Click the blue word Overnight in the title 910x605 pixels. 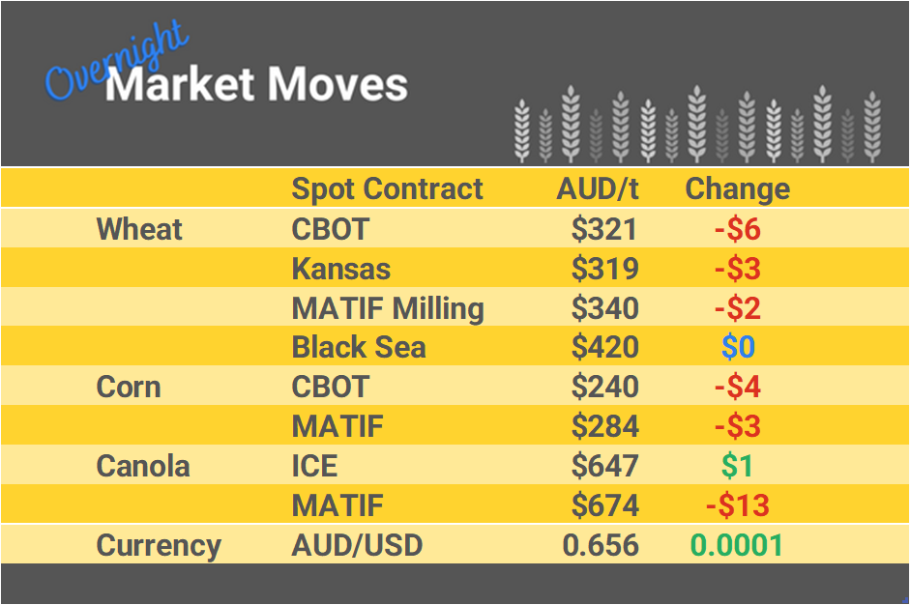tap(116, 63)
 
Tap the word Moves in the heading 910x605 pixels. tap(338, 85)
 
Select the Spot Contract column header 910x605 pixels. tap(387, 188)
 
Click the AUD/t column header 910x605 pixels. tap(598, 188)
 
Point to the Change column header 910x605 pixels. tap(737, 188)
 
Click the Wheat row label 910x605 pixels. tap(139, 229)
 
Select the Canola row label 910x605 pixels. tap(143, 466)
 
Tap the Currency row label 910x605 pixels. tap(159, 545)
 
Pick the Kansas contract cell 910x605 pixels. tap(340, 269)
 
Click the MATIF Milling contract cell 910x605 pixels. tap(387, 308)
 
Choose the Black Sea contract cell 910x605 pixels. tap(358, 347)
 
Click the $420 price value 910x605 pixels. tap(604, 347)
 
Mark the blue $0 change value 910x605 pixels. tap(738, 347)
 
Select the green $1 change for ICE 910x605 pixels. tap(737, 466)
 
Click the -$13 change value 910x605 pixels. tap(737, 505)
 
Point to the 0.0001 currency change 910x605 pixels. tap(736, 545)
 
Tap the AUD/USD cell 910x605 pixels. tap(357, 545)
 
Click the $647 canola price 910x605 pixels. tap(604, 466)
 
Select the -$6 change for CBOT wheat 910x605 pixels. tap(737, 229)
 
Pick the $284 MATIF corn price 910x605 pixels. tap(604, 426)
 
